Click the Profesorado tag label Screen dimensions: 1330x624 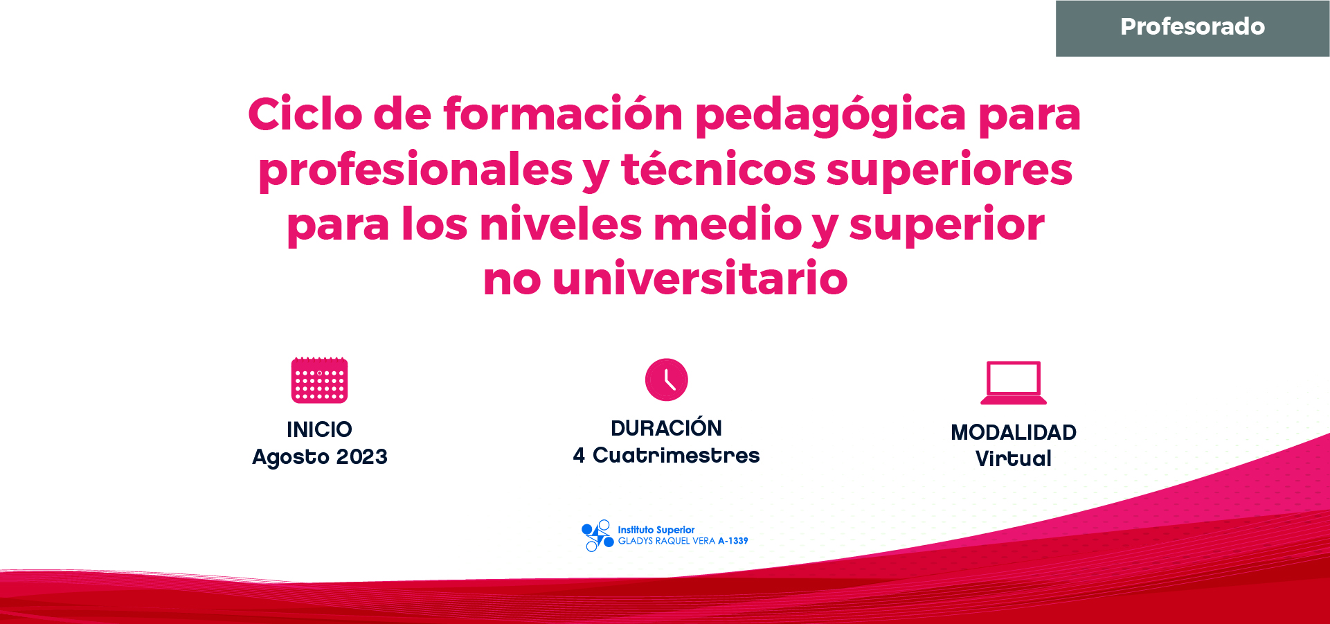click(1192, 27)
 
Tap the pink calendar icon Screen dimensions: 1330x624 click(319, 380)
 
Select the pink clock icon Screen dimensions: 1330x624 click(666, 380)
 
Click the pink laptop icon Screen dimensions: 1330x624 click(1014, 382)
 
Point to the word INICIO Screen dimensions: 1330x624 click(319, 429)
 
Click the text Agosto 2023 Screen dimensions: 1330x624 click(320, 457)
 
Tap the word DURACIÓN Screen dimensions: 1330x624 click(666, 427)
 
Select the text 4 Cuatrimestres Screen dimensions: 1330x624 click(666, 455)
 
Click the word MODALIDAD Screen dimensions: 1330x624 click(1014, 432)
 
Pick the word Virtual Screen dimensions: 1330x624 click(1014, 458)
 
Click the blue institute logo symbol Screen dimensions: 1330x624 click(597, 535)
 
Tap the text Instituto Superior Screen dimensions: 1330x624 click(656, 530)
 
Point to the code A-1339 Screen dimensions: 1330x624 click(733, 541)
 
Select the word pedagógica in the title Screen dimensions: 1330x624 click(831, 116)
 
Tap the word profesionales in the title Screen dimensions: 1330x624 click(415, 170)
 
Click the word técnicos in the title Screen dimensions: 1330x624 click(719, 169)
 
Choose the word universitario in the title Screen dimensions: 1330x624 click(700, 278)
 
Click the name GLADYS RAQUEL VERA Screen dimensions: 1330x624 click(667, 541)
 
